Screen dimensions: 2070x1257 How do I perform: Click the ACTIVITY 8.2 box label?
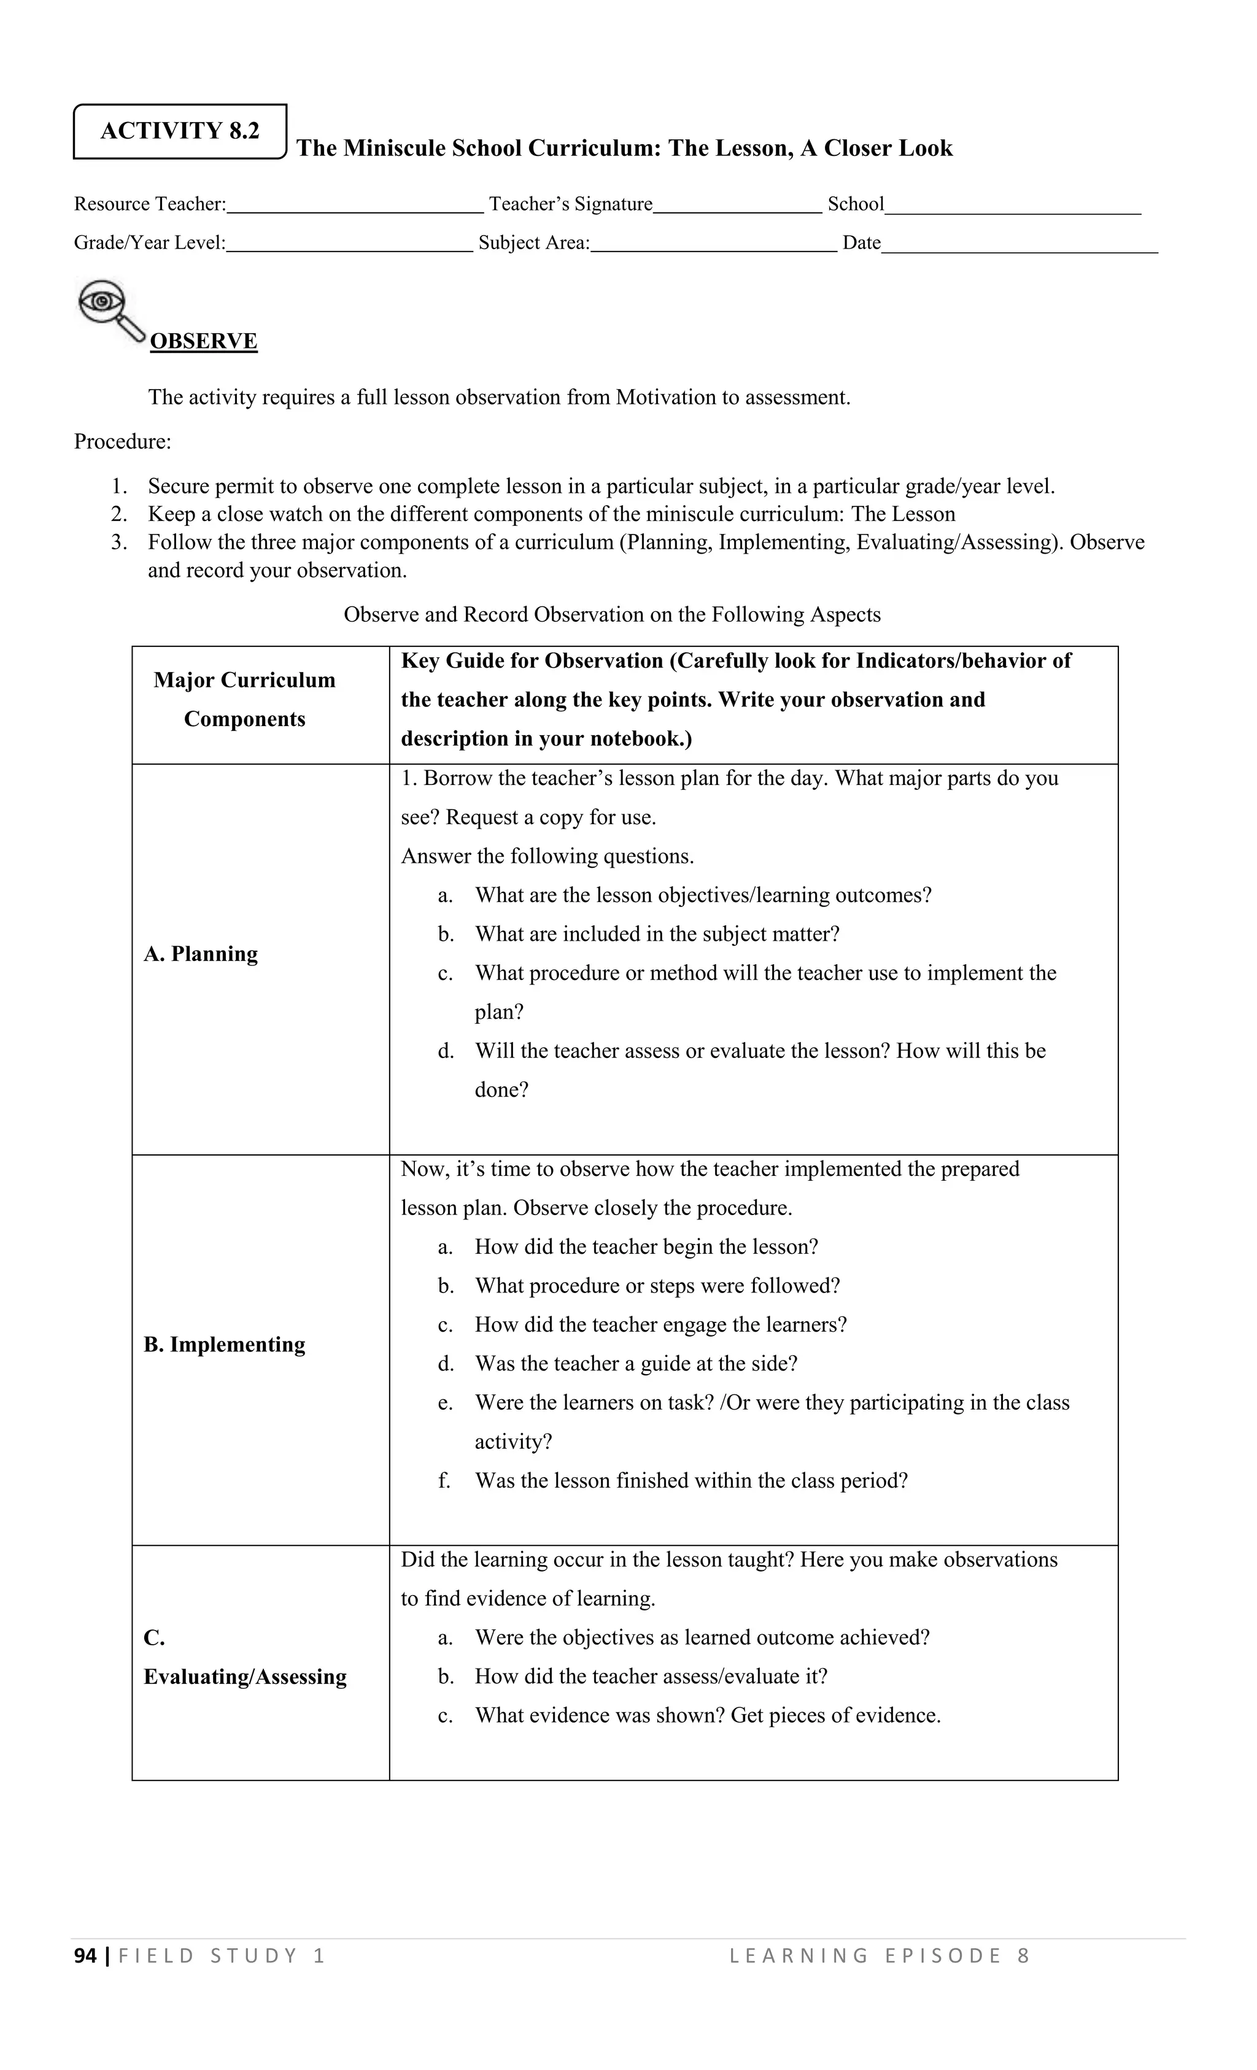tap(180, 131)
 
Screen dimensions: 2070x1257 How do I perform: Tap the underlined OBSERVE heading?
tap(203, 341)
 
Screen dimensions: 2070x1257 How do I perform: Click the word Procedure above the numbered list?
tap(122, 442)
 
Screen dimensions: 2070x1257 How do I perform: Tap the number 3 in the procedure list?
tap(118, 543)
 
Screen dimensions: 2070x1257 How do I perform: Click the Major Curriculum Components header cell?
tap(244, 700)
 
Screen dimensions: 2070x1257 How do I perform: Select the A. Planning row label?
tap(201, 954)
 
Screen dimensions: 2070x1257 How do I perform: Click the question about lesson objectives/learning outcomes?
tap(702, 895)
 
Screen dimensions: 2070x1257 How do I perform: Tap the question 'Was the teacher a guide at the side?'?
tap(635, 1364)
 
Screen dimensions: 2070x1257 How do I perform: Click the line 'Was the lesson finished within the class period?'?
tap(690, 1480)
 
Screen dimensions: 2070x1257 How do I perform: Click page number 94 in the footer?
tap(86, 1956)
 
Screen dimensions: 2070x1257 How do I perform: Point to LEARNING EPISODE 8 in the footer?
tap(879, 1956)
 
